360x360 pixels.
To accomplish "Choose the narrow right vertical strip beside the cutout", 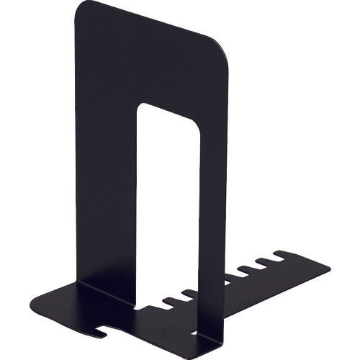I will pyautogui.click(x=211, y=216).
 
